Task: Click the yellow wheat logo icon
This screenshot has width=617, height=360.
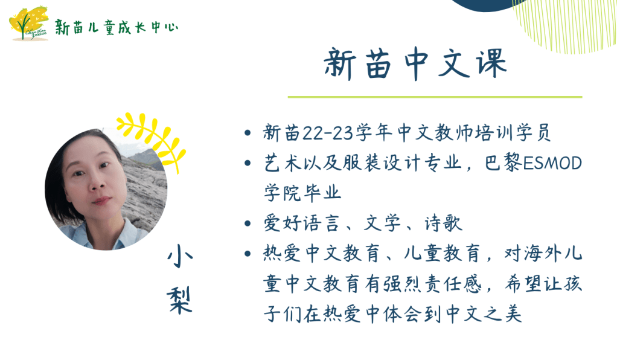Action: pos(28,23)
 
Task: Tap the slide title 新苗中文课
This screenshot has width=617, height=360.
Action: pos(415,64)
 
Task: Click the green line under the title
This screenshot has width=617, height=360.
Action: pos(435,97)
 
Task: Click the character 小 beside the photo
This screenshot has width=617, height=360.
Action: pos(180,257)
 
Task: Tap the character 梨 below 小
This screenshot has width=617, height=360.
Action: pos(179,300)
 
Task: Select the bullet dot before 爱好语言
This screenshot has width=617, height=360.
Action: pos(248,223)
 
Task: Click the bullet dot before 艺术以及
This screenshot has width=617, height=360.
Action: pos(248,163)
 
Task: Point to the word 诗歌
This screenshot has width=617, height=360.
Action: pos(443,223)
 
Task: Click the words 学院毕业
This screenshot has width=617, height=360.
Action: pos(302,193)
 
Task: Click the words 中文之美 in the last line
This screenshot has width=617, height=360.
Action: pos(484,314)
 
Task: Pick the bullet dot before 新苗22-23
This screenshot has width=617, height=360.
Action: pos(248,133)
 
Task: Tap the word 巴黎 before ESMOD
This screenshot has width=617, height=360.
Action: pos(504,162)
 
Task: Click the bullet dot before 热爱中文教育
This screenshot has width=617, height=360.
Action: pos(248,254)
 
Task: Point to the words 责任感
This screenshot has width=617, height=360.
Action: pos(453,283)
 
